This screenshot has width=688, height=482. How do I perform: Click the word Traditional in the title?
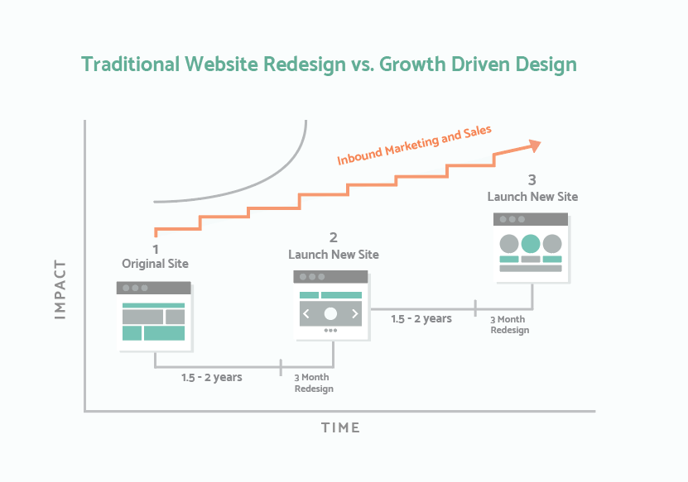(131, 64)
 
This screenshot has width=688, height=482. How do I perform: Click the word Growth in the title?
(412, 64)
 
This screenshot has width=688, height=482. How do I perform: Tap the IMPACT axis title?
(60, 289)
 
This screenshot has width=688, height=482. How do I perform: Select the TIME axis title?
(340, 427)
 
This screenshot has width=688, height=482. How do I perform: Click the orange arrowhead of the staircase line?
(535, 146)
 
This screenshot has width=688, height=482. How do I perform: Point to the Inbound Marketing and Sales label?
(414, 145)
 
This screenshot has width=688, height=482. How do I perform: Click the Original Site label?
(156, 264)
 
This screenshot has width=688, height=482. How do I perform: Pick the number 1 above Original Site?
(156, 250)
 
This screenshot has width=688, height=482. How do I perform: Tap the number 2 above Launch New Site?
(334, 237)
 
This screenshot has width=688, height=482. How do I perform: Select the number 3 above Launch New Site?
(532, 179)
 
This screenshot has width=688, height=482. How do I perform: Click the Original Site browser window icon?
(155, 317)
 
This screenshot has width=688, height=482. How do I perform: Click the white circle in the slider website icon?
(330, 313)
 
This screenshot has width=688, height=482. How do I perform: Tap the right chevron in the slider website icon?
(355, 313)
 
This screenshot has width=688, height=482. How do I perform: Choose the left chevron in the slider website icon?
(306, 313)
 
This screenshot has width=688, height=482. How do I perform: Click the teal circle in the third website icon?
(531, 244)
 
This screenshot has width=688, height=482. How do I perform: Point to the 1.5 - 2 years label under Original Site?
(211, 377)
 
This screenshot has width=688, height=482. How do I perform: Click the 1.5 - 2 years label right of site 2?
(421, 318)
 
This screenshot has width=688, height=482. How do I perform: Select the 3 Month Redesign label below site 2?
(313, 383)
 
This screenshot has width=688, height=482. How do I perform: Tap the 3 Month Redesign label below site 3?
(509, 325)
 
